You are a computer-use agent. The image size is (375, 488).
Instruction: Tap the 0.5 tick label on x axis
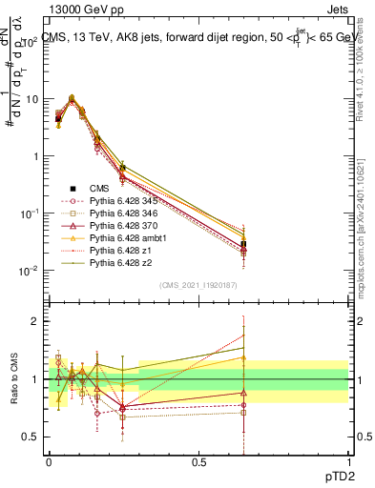tap(198, 462)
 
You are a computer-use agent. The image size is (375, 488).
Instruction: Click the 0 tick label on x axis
tap(49, 462)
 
